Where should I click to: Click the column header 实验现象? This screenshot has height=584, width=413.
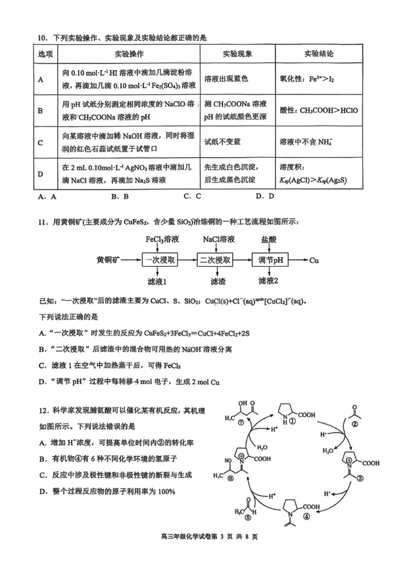237,54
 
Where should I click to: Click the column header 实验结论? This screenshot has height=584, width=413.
318,54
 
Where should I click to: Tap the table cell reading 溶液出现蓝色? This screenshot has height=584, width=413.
227,78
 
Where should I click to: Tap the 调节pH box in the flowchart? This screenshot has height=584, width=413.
271,261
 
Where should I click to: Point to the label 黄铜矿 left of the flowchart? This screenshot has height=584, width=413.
109,261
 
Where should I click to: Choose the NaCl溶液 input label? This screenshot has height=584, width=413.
219,240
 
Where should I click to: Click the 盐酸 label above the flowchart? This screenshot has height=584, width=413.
271,240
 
